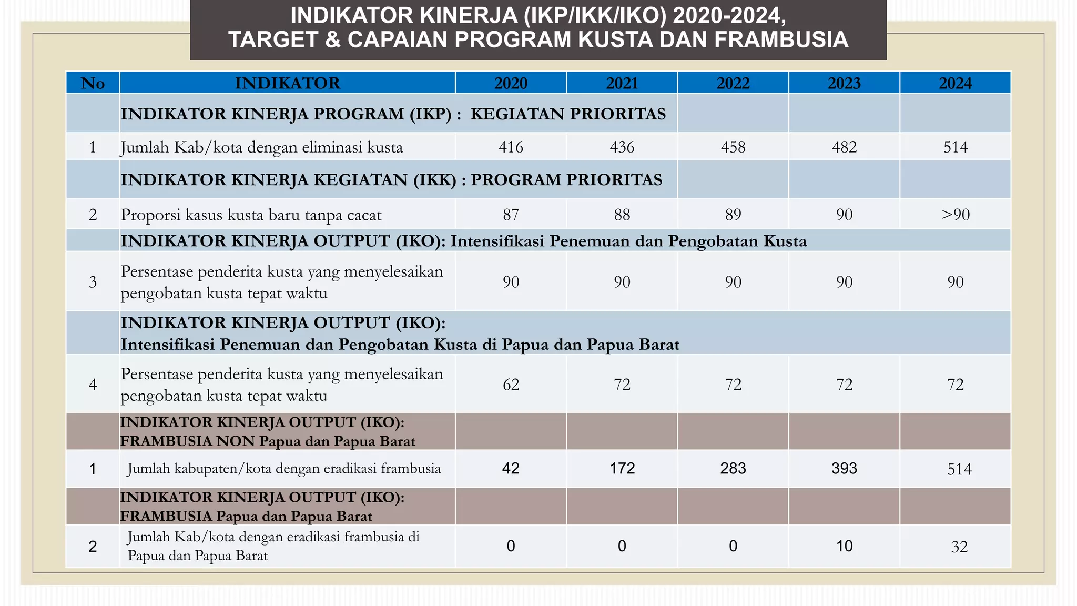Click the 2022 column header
click(733, 83)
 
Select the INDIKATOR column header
click(287, 83)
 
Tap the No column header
click(93, 83)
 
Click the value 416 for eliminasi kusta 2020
click(511, 147)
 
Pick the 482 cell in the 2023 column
click(844, 147)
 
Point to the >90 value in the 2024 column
click(955, 215)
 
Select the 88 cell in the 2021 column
click(622, 215)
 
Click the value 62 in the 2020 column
click(511, 385)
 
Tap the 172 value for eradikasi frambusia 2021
click(622, 468)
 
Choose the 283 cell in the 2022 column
click(733, 468)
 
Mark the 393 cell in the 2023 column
click(844, 468)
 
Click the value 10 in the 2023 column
click(844, 546)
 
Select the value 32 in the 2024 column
click(959, 547)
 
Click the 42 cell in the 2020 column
click(511, 468)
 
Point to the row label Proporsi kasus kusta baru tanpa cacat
click(251, 215)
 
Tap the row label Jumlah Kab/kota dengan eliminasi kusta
click(261, 147)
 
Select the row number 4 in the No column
click(93, 385)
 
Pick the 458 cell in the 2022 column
click(733, 147)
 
